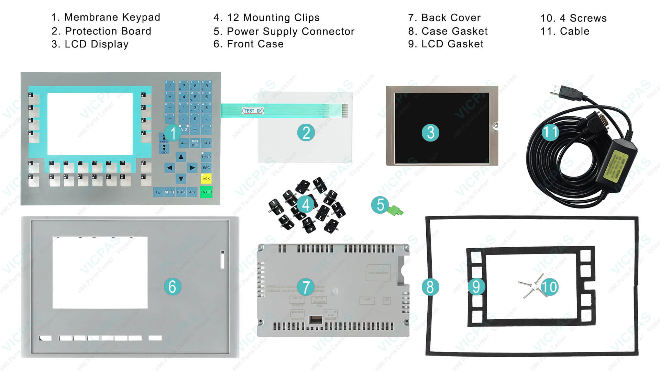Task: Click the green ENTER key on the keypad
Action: click(206, 192)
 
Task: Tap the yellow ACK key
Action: click(206, 178)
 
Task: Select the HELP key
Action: click(206, 157)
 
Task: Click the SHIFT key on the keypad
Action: click(169, 192)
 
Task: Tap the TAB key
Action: click(206, 143)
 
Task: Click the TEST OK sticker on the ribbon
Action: click(253, 111)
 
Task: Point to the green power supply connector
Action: click(395, 211)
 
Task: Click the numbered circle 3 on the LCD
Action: click(430, 133)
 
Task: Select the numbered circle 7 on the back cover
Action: click(306, 287)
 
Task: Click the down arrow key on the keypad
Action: click(181, 178)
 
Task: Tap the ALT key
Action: click(192, 192)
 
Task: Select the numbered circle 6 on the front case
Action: click(172, 286)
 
